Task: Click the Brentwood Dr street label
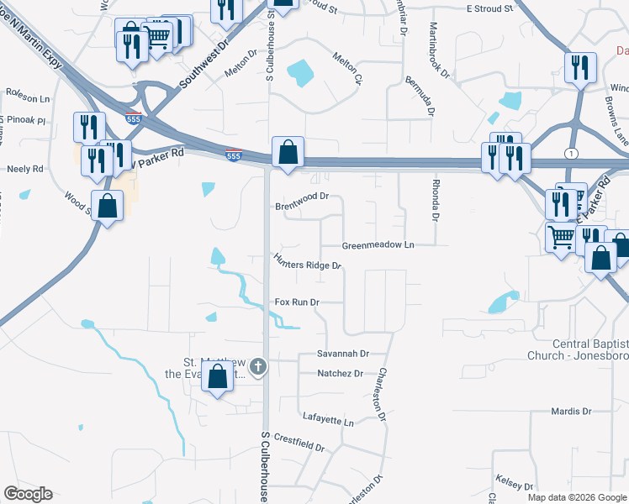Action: point(300,206)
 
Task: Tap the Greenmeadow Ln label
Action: point(378,245)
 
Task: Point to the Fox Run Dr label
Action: point(298,302)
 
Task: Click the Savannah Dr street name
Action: point(343,354)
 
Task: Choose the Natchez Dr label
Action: point(340,373)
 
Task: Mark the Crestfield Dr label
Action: point(299,443)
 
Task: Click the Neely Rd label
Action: point(24,169)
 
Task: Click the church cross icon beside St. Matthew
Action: point(258,366)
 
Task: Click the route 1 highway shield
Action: point(572,152)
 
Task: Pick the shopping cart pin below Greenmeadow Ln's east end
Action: point(561,237)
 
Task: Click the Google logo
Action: point(28,494)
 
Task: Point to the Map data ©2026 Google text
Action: point(576,497)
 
